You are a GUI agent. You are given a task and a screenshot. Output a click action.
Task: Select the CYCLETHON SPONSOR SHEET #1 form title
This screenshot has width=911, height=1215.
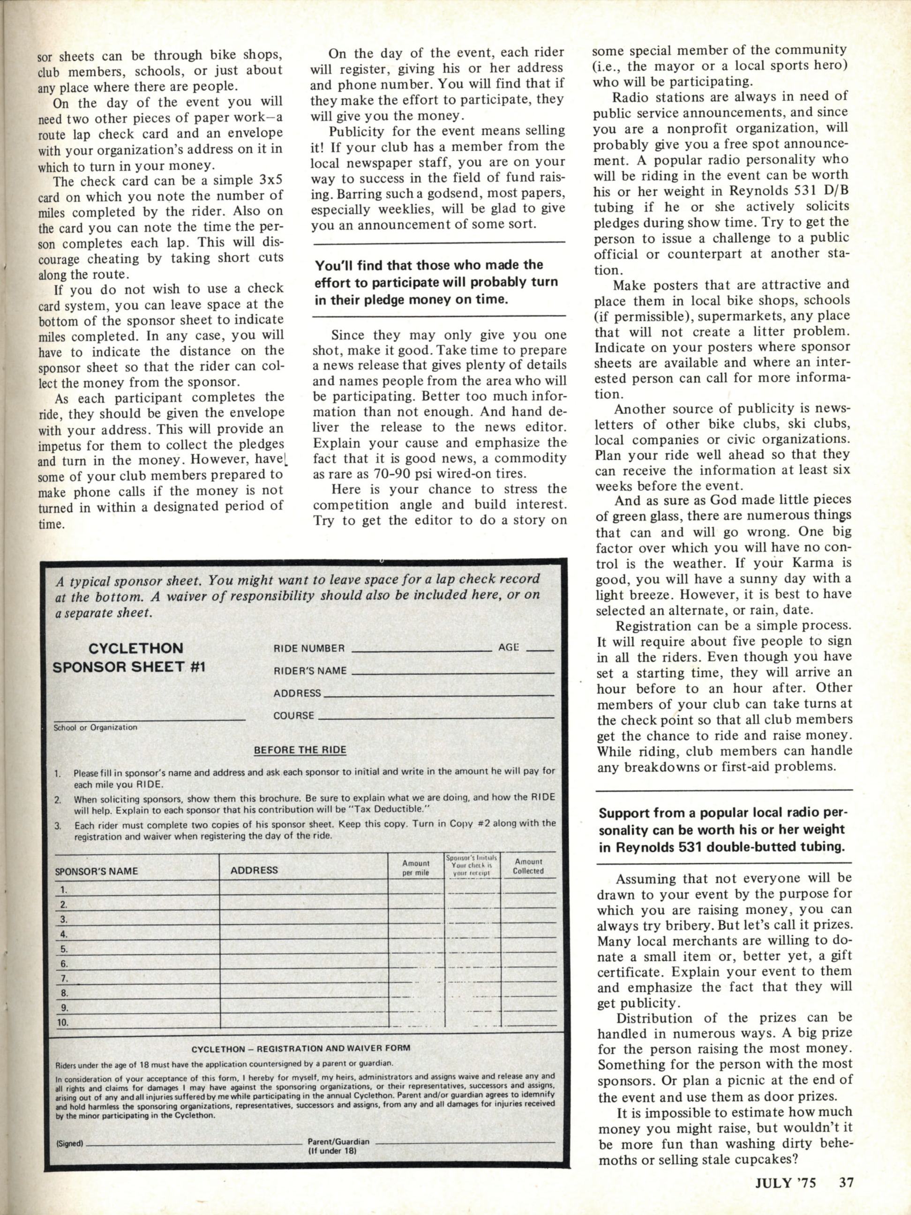(128, 657)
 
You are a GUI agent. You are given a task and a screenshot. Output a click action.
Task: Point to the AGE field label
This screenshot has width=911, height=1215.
(509, 648)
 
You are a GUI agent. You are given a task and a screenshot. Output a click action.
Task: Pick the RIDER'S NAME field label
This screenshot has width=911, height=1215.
(310, 671)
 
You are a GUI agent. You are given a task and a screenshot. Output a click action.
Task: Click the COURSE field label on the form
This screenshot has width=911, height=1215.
(294, 716)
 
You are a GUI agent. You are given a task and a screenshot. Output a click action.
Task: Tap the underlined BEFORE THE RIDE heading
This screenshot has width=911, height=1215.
(300, 750)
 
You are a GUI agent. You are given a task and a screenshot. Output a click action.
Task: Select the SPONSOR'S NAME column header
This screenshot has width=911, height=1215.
(96, 871)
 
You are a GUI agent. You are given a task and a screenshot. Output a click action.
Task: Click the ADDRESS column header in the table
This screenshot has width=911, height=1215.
(254, 870)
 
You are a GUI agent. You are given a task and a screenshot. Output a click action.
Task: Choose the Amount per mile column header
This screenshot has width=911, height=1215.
(415, 868)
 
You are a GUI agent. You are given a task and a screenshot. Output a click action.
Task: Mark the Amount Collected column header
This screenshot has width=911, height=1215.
(528, 866)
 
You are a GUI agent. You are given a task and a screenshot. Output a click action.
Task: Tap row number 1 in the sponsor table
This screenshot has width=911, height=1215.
(63, 889)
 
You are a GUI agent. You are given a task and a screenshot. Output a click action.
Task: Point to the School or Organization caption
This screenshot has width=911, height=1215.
(95, 727)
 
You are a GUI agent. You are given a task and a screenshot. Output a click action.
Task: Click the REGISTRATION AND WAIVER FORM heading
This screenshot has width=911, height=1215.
(300, 1048)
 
